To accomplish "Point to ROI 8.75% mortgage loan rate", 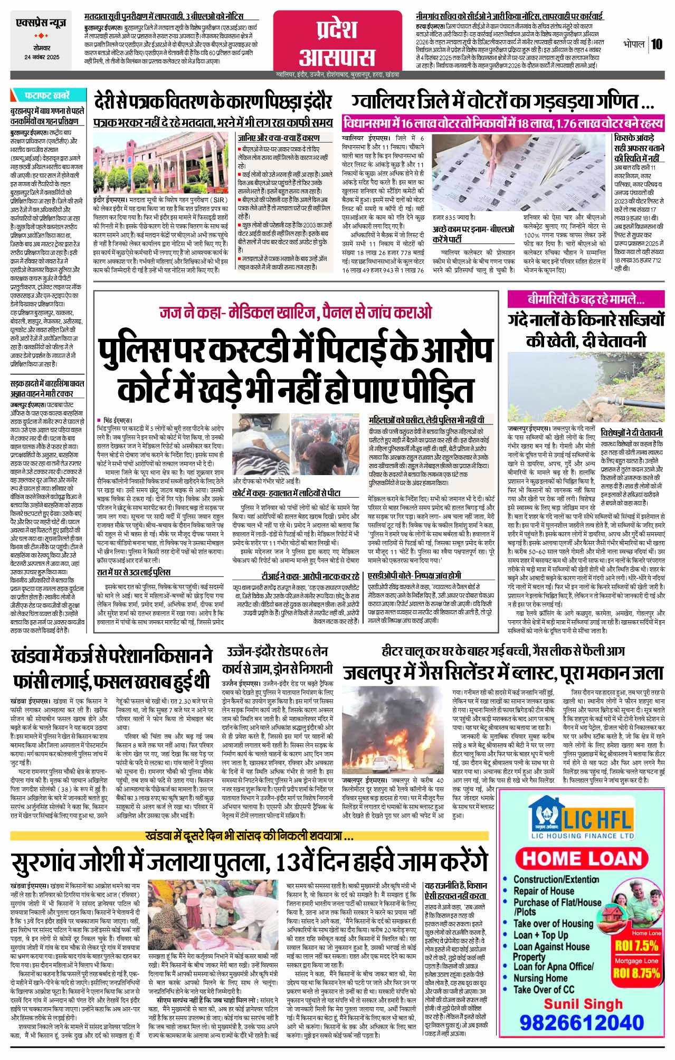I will click(636, 972).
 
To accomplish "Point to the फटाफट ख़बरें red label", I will click(47, 96).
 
